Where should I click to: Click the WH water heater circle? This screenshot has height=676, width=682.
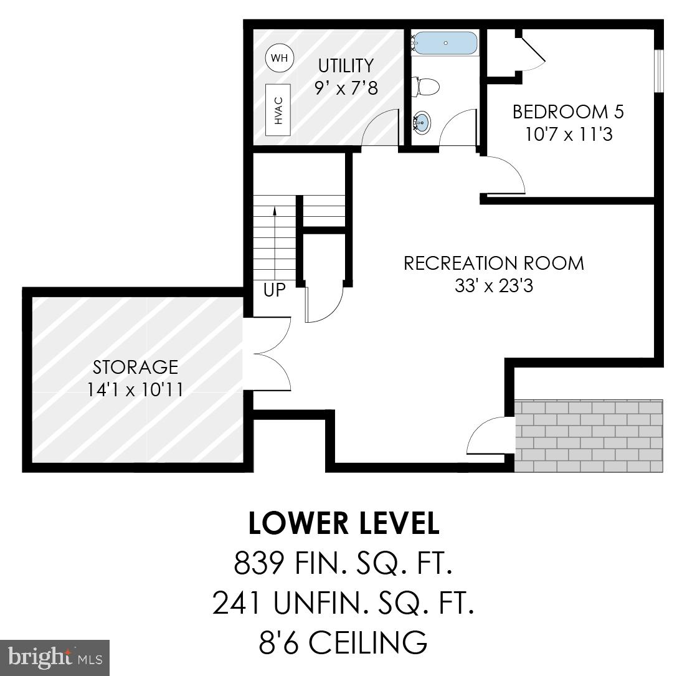tap(280, 58)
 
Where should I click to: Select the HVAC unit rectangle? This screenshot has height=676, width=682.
tap(279, 110)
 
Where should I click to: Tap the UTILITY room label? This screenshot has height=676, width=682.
tap(346, 65)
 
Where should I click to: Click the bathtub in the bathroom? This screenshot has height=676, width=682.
tap(445, 44)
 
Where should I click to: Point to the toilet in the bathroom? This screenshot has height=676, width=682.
tap(427, 86)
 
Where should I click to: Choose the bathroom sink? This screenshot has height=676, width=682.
tap(422, 122)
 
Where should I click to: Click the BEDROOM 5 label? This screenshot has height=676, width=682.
tap(567, 112)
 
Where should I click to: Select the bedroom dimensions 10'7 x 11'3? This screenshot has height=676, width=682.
tap(567, 134)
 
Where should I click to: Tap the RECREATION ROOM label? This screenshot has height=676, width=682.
tap(494, 263)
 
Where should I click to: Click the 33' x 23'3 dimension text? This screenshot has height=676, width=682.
tap(494, 286)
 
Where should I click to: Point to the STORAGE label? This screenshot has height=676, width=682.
tap(135, 367)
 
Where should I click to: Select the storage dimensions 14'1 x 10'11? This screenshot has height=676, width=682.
tap(135, 389)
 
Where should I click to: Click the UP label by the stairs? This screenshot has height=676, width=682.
tap(274, 291)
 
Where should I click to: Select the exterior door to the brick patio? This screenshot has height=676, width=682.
tap(490, 435)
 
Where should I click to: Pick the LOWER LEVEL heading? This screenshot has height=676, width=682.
tap(344, 523)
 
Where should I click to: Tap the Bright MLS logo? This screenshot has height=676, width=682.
tap(55, 657)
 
